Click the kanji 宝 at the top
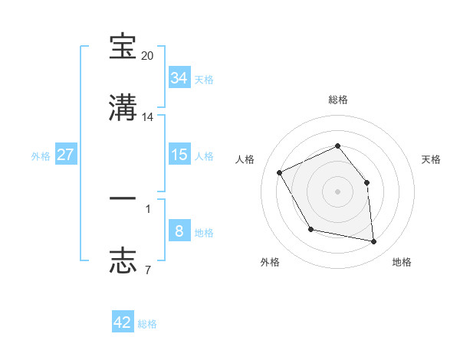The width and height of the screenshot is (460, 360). (123, 47)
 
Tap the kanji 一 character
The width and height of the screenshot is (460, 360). (123, 198)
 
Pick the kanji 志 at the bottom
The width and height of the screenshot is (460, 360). (123, 260)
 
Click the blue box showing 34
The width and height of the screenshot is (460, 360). (179, 77)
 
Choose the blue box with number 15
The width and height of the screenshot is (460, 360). (179, 154)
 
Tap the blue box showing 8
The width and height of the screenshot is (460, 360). (179, 231)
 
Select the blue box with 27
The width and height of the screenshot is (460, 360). (66, 154)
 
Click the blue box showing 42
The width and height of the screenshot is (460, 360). (123, 322)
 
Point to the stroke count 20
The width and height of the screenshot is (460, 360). (148, 56)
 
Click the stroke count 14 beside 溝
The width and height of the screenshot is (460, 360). (148, 117)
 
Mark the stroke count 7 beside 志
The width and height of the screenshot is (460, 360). (148, 270)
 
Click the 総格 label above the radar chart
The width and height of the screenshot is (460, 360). (338, 100)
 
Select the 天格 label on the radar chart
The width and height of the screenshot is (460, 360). (431, 159)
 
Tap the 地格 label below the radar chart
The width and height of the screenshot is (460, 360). (402, 263)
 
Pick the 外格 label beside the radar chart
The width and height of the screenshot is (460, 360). (270, 263)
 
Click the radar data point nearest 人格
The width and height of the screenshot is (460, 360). (281, 172)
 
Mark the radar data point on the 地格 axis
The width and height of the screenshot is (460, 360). (374, 242)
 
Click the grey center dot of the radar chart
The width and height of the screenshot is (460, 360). (338, 191)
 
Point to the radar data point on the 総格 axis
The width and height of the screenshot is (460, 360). (338, 145)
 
